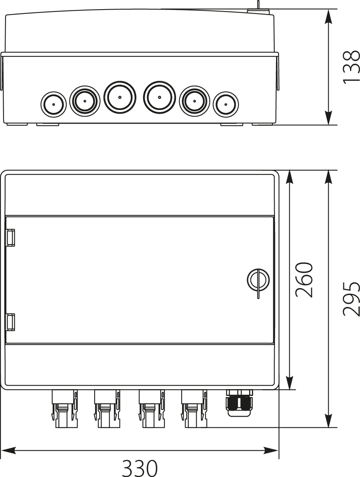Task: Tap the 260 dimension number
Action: pos(305,279)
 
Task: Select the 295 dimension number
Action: pos(351,299)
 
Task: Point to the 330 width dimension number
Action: pos(139,468)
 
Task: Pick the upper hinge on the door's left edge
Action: pos(11,237)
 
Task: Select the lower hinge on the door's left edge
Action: pos(11,322)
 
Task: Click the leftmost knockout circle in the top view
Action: pos(53,104)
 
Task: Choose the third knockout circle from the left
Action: pos(120,97)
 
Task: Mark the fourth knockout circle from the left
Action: pos(159,97)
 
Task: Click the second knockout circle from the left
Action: pos(85,101)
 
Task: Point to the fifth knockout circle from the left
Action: pos(194,101)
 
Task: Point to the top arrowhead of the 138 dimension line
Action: pos(329,16)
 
